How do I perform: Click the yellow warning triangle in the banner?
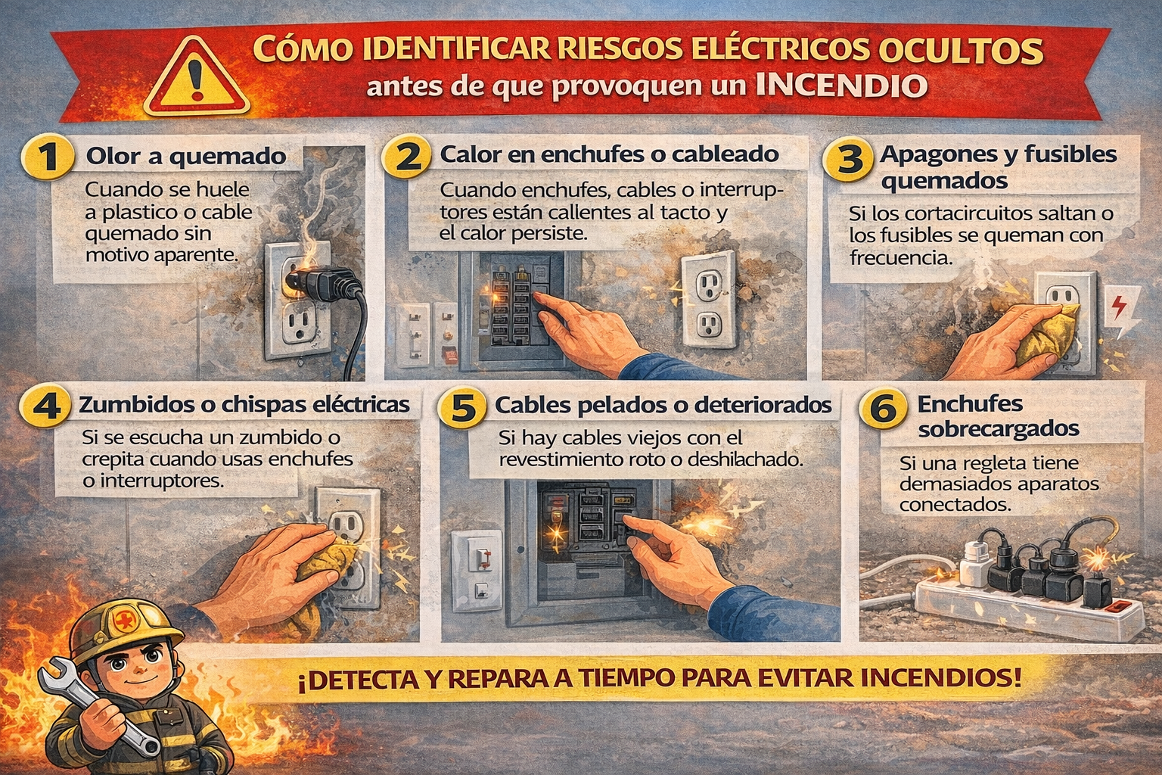196,78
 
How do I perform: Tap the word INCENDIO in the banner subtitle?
841,86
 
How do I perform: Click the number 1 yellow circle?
47,156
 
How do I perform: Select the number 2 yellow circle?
406,156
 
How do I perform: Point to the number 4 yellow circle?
45,406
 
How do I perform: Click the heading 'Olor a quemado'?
185,156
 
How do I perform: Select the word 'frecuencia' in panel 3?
902,258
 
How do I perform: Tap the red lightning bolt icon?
1118,307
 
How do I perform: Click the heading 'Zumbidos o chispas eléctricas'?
244,405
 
